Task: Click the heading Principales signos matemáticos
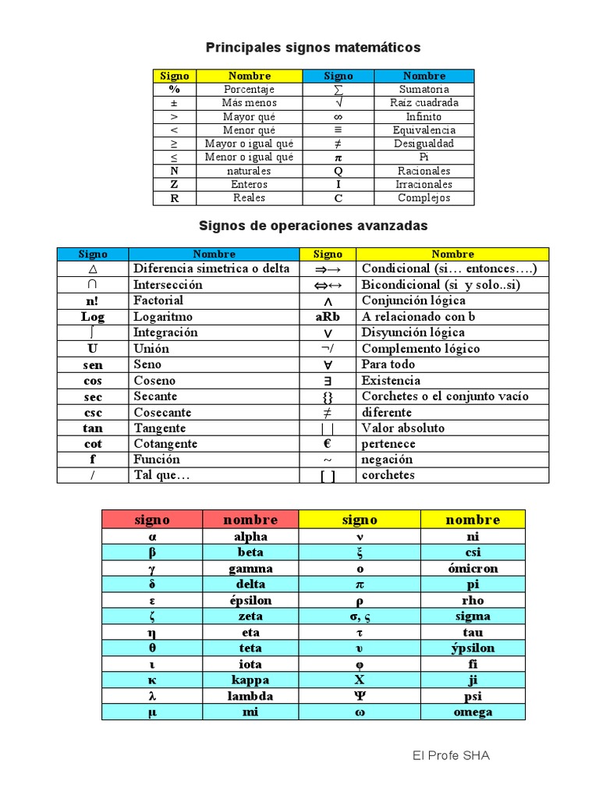pos(313,48)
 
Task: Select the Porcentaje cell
pos(248,89)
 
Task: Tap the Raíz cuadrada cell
pos(424,103)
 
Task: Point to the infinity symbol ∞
pos(338,116)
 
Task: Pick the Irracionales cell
pos(424,184)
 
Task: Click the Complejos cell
pos(424,198)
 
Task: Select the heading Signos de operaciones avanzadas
pos(314,225)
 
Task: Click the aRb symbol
pos(328,317)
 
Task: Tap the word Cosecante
pos(162,412)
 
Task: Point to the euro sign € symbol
pos(328,443)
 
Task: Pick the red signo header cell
pos(152,520)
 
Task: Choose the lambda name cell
pos(250,696)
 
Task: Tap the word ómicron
pos(473,568)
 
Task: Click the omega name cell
pos(473,712)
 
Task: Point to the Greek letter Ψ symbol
pos(360,696)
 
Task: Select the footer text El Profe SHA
pos(452,756)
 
